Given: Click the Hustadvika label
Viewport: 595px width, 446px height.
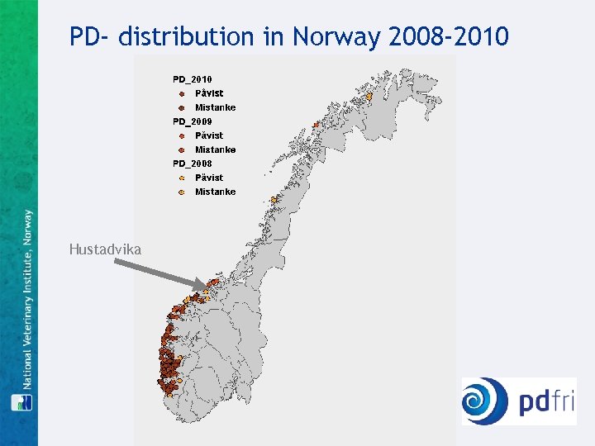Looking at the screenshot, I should [106, 249].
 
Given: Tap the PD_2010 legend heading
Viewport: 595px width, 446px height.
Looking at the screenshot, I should [192, 79].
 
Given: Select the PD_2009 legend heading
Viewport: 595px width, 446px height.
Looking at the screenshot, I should [192, 121].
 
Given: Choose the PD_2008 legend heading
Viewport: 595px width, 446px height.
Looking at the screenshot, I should [192, 164].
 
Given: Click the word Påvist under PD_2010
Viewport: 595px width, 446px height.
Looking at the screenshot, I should [209, 93].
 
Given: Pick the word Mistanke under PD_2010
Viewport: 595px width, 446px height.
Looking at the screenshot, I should [215, 107].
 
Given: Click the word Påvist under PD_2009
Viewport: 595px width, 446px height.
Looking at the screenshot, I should [209, 135].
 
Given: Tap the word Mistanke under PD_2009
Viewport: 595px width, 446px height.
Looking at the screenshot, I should [215, 149].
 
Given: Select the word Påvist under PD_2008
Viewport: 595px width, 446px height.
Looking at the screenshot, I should [209, 178].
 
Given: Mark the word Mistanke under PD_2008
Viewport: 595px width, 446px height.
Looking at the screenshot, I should [215, 192].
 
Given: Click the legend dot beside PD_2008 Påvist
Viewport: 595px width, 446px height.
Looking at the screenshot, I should [181, 178].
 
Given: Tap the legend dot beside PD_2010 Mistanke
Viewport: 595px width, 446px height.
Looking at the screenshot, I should [181, 107].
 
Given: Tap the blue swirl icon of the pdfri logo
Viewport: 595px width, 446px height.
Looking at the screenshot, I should [485, 401].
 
